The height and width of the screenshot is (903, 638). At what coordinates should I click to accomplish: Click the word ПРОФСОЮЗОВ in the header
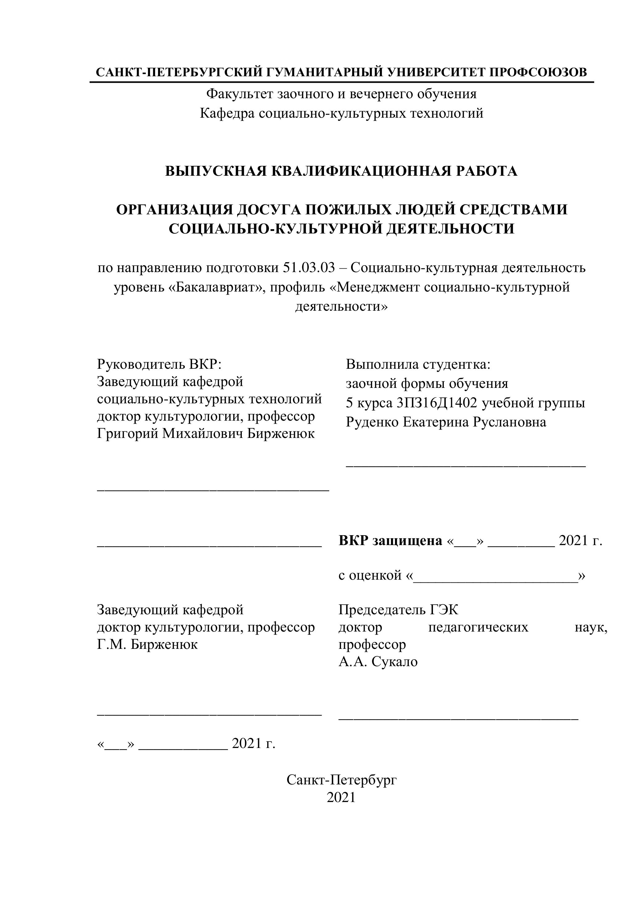pyautogui.click(x=538, y=72)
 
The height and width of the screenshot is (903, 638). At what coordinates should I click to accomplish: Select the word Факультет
pyautogui.click(x=240, y=94)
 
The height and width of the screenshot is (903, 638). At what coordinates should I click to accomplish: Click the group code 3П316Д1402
pyautogui.click(x=437, y=403)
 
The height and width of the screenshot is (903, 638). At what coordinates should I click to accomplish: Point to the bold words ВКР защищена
pyautogui.click(x=390, y=541)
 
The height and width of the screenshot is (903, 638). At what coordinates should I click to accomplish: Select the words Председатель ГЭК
pyautogui.click(x=398, y=610)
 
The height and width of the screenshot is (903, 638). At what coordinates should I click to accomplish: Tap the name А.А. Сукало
pyautogui.click(x=378, y=662)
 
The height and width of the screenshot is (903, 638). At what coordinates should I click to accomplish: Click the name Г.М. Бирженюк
pyautogui.click(x=147, y=645)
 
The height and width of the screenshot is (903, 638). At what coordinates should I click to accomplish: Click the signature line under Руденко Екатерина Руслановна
pyautogui.click(x=466, y=465)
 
